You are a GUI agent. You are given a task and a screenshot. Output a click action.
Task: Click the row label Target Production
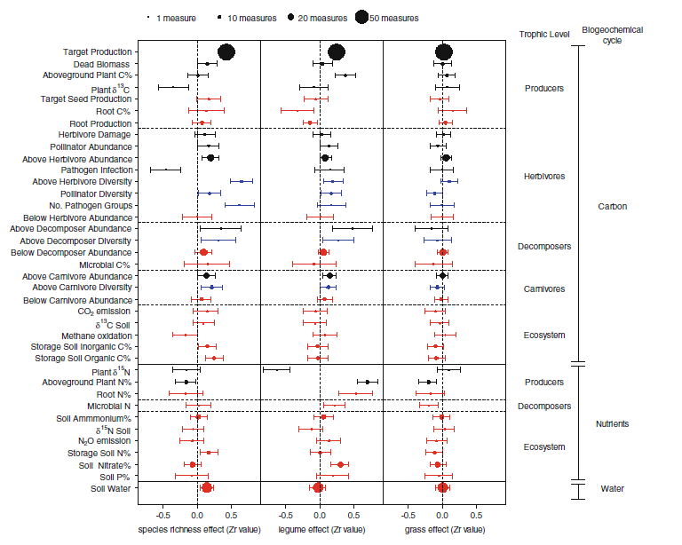[x=98, y=52]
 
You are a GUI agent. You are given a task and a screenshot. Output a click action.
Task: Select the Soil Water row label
[x=111, y=487]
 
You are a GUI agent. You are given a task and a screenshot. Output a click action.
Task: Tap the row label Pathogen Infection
[x=97, y=170]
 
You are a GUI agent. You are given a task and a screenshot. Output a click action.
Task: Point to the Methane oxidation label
[x=99, y=335]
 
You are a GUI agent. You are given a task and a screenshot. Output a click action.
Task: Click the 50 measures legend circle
[x=361, y=17]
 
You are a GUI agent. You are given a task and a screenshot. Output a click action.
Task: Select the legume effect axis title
[x=322, y=530]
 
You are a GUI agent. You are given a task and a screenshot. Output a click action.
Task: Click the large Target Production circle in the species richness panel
[x=226, y=52]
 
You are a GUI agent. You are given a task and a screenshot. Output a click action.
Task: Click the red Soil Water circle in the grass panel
[x=443, y=487]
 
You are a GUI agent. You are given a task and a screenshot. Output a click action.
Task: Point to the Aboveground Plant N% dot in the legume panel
[x=367, y=382]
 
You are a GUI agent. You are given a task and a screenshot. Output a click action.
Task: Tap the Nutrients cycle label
[x=612, y=423]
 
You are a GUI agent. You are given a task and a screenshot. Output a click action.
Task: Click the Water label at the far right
[x=612, y=487]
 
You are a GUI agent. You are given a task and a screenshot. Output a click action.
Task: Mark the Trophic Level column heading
[x=544, y=34]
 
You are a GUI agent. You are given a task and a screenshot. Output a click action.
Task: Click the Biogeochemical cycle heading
[x=612, y=35]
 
